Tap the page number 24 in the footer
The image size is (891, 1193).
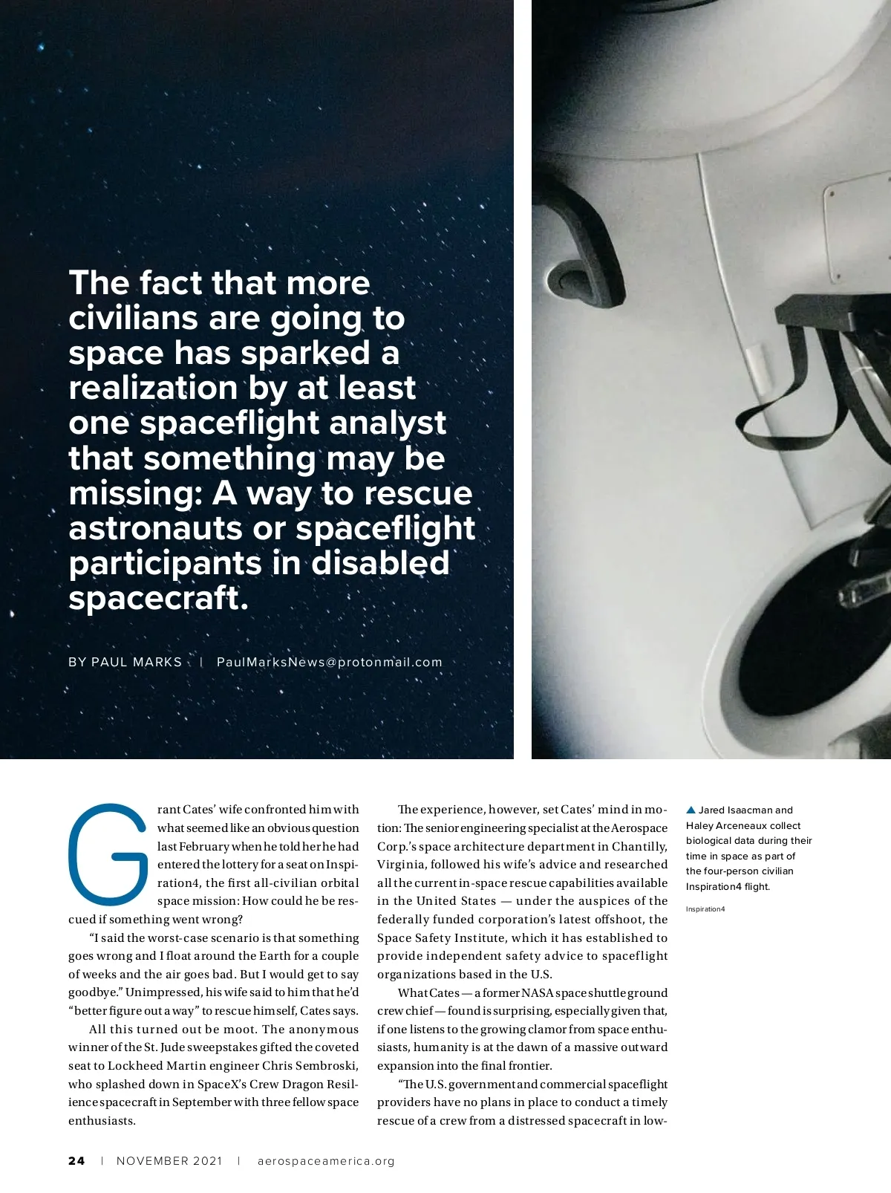click(76, 1161)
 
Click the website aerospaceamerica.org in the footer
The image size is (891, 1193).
click(326, 1161)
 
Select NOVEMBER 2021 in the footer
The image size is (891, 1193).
click(169, 1161)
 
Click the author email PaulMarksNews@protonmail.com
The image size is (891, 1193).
click(329, 662)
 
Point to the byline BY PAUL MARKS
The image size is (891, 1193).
click(125, 662)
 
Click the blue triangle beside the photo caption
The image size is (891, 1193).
click(691, 810)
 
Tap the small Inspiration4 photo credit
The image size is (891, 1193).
click(705, 909)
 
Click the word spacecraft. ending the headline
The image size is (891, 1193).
click(158, 598)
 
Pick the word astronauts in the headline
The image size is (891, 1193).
click(155, 528)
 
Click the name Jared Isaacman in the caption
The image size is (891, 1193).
click(745, 810)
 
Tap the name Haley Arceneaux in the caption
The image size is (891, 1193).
click(743, 826)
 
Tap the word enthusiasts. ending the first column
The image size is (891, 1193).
click(102, 1121)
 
